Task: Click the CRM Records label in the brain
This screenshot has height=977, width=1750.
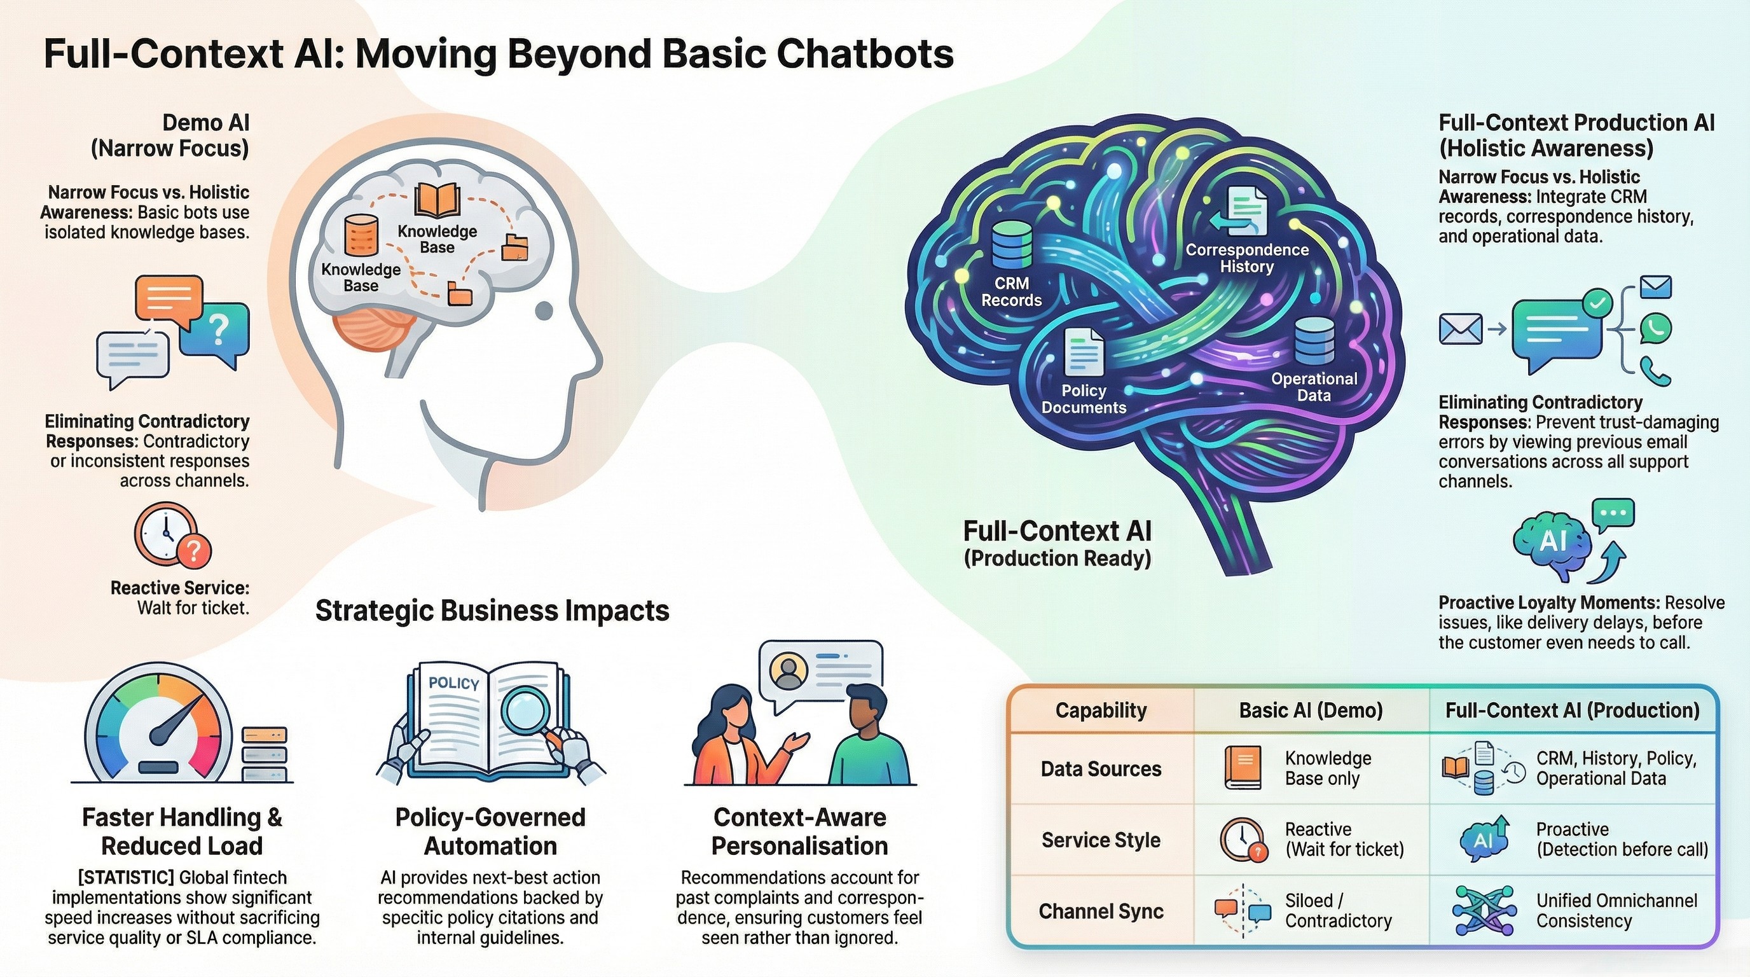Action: pyautogui.click(x=1011, y=291)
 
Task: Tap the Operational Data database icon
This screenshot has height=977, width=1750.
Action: pyautogui.click(x=1314, y=342)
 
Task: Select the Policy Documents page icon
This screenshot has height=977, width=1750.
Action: pyautogui.click(x=1084, y=351)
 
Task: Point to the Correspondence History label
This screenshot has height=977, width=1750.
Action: pyautogui.click(x=1246, y=258)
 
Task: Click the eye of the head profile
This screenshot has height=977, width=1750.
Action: pyautogui.click(x=544, y=311)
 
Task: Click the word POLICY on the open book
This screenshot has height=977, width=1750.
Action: pyautogui.click(x=454, y=683)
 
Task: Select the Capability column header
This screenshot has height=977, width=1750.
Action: pyautogui.click(x=1101, y=710)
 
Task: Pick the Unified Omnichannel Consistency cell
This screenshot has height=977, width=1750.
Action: pyautogui.click(x=1616, y=910)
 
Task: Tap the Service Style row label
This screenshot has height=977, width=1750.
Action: pyautogui.click(x=1101, y=840)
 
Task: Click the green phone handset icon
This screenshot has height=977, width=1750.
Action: pyautogui.click(x=1656, y=371)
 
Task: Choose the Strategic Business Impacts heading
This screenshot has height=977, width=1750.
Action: pyautogui.click(x=492, y=610)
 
